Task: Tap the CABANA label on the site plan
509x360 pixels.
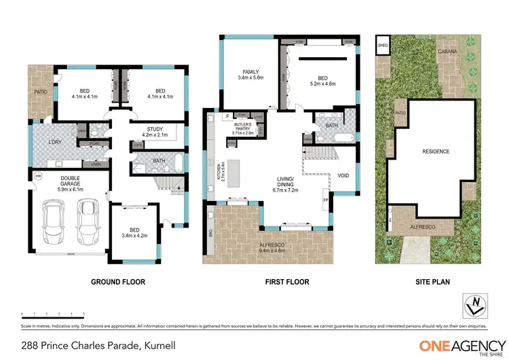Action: point(447,51)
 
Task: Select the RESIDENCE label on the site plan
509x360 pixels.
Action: point(436,151)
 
